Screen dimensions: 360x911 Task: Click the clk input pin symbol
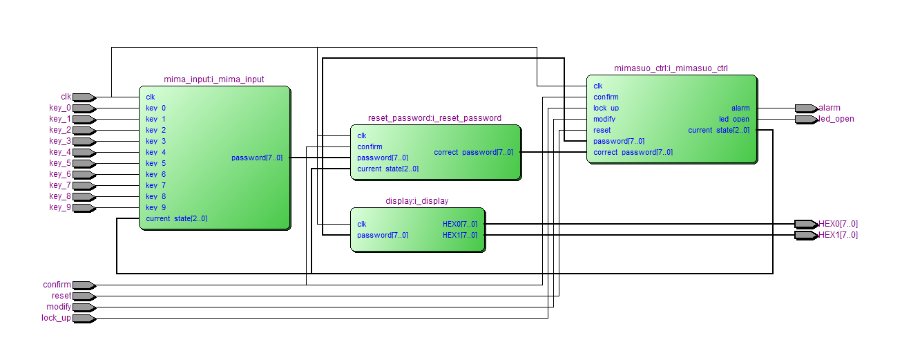click(83, 97)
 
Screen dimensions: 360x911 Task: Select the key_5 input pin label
click(59, 164)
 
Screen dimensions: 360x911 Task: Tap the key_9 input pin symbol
click(83, 208)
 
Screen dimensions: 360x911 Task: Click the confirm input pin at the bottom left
click(83, 285)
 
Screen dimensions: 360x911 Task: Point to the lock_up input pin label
click(56, 319)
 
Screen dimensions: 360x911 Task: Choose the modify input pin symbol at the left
click(83, 307)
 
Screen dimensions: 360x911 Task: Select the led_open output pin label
click(836, 119)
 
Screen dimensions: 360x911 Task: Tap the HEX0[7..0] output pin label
click(838, 224)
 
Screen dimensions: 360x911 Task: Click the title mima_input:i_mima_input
click(213, 79)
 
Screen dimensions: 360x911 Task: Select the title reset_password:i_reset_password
click(434, 118)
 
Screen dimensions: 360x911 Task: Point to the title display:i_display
click(416, 201)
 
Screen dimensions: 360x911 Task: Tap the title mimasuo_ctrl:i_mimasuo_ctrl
click(671, 68)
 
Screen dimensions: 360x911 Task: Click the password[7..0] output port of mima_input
click(256, 158)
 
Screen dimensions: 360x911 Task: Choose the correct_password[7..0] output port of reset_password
click(473, 152)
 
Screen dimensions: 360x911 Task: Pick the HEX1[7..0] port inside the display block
click(459, 236)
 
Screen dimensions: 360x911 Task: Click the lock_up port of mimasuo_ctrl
click(606, 108)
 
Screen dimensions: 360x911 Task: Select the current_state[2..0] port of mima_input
click(176, 219)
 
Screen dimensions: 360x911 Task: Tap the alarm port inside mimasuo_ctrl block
click(740, 108)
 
